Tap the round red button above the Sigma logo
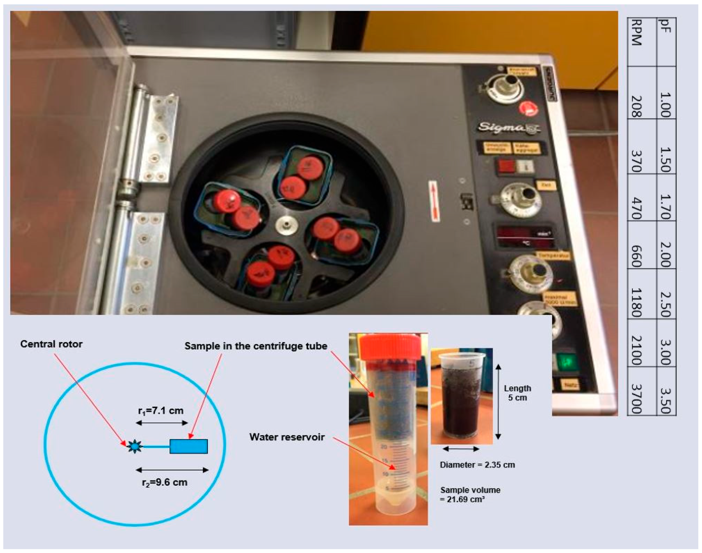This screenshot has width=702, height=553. point(529,109)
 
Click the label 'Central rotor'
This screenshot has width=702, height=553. point(51,344)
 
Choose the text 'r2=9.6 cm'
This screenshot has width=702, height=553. point(164,482)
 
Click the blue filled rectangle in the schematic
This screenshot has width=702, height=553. point(189,446)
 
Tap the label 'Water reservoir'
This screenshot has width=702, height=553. point(287,437)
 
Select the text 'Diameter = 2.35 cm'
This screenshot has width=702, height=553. point(477,465)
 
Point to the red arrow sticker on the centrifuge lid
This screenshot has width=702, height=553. point(434,201)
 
